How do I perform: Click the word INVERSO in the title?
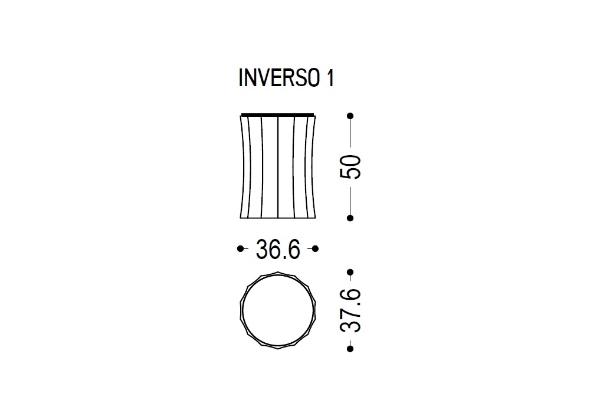[279, 78]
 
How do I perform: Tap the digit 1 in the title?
[330, 78]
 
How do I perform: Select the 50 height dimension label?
[350, 166]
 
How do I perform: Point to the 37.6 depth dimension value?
[350, 311]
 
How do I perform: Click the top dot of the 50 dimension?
[350, 116]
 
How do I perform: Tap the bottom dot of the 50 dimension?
[350, 218]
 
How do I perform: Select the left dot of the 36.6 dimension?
[241, 248]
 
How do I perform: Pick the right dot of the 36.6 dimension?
[315, 248]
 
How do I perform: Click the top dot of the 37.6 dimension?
[350, 272]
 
